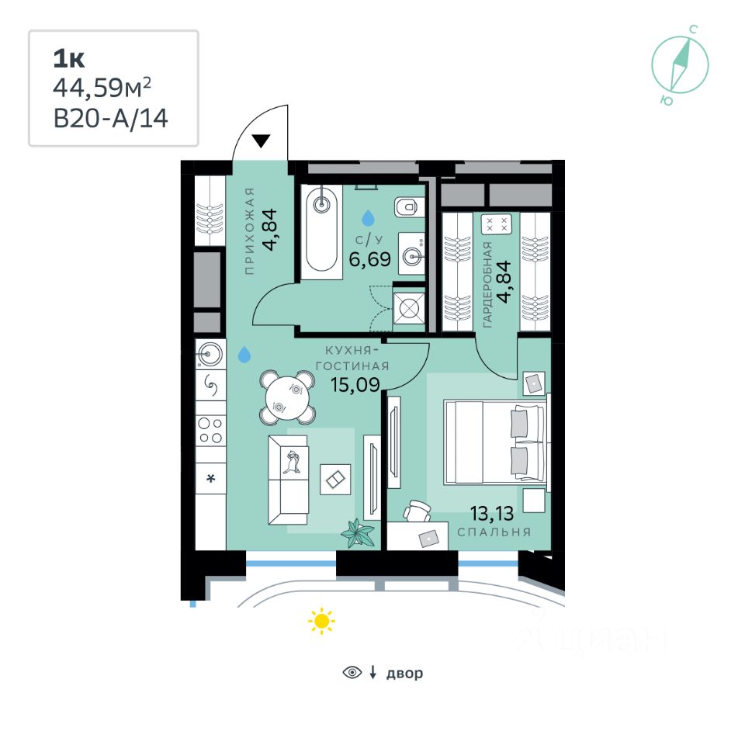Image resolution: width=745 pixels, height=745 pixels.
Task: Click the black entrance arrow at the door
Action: (x=261, y=141)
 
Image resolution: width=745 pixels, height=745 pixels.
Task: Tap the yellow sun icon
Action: (x=321, y=621)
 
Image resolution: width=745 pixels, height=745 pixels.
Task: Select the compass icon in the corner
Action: (x=680, y=64)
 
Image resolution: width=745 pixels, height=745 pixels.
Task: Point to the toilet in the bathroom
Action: (x=406, y=207)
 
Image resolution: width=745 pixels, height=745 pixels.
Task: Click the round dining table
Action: (x=287, y=397)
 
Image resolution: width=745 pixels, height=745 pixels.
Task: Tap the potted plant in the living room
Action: (x=357, y=532)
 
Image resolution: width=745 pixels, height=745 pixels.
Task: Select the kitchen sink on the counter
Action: (x=210, y=354)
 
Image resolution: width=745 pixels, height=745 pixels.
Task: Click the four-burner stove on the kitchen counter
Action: (x=210, y=430)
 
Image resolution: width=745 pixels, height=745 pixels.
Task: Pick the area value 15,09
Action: (x=355, y=384)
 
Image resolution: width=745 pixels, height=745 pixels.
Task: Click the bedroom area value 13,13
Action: (x=492, y=513)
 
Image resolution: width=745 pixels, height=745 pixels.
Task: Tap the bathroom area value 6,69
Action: (x=369, y=259)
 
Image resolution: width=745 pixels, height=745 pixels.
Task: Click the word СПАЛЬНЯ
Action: (x=494, y=532)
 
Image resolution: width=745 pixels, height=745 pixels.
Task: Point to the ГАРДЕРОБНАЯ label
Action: (x=487, y=285)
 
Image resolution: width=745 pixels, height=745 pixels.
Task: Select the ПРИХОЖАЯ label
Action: (x=250, y=231)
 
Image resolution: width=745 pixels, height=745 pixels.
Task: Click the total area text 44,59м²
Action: (x=102, y=88)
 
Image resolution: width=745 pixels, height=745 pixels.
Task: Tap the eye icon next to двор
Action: (x=352, y=672)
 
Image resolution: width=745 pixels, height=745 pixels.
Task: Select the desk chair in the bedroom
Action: (x=418, y=511)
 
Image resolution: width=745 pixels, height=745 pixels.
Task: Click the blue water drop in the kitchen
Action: (x=244, y=355)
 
